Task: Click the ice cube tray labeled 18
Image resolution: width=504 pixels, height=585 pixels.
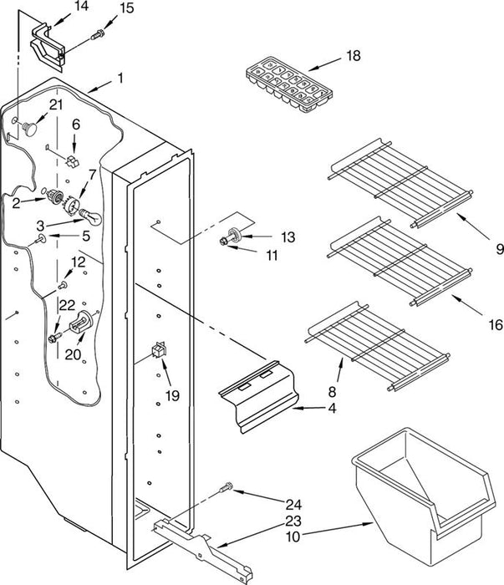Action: (288, 84)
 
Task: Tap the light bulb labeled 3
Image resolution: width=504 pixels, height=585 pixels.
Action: (89, 216)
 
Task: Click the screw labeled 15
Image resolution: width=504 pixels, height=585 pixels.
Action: (97, 34)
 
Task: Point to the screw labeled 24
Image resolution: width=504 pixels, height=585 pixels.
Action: (227, 487)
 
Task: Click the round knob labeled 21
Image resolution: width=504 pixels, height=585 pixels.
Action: (30, 128)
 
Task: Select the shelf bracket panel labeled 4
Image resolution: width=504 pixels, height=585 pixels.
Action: (259, 397)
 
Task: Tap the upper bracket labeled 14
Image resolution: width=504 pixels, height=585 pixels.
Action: (48, 48)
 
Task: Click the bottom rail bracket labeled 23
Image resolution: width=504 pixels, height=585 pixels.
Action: (203, 547)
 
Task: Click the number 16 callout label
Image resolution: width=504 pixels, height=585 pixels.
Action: (496, 324)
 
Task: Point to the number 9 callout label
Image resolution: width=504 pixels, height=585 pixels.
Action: (500, 249)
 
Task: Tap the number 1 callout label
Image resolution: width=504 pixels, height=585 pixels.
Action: (120, 79)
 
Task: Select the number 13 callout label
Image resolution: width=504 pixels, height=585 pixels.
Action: (288, 237)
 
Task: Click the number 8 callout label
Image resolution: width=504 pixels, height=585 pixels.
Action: (332, 392)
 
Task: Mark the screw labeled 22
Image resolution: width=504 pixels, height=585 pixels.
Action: (55, 338)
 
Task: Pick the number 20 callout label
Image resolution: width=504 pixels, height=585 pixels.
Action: (73, 354)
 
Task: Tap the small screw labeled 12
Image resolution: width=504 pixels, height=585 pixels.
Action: (63, 286)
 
